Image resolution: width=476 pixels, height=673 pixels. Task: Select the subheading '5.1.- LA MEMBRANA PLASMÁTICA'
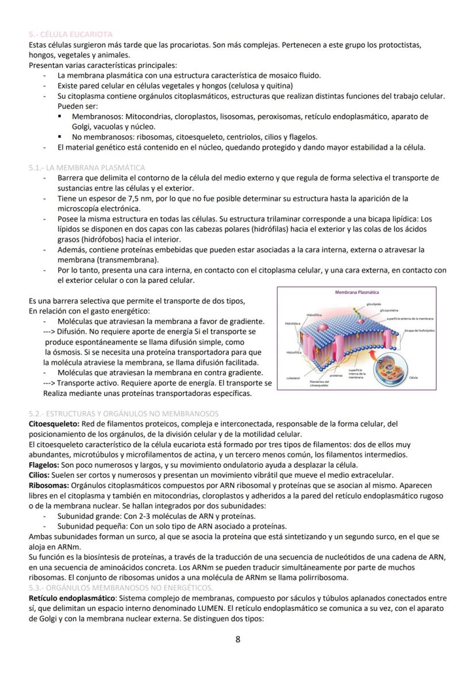point(87,168)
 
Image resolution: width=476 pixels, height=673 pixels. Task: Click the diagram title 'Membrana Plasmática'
point(356,293)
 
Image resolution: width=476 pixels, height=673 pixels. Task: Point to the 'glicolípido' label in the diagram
point(374,303)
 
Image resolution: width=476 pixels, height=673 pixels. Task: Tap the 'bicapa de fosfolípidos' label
point(419,330)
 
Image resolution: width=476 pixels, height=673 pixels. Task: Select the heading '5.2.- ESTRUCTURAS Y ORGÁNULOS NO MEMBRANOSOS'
point(123,414)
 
